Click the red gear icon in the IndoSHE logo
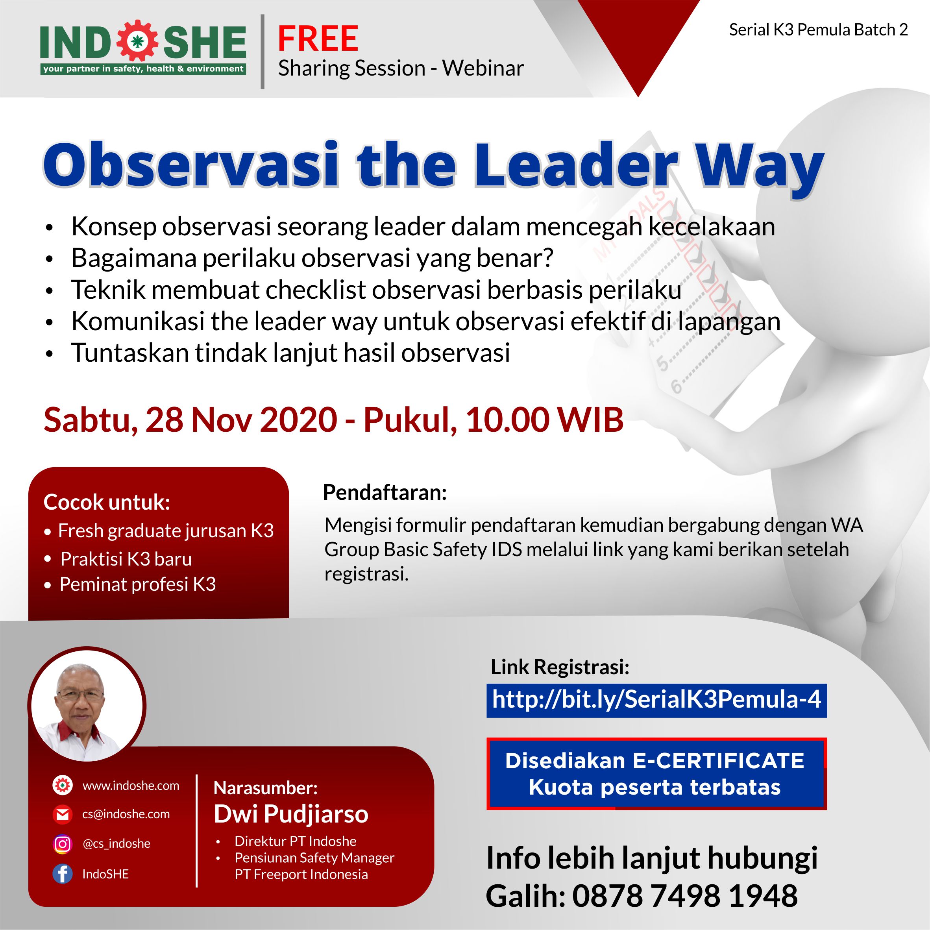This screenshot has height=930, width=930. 138,41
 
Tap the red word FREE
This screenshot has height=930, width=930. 318,39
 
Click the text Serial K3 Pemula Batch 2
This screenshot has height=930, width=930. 818,30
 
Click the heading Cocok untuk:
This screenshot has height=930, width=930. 107,502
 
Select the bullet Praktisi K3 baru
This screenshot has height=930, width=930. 126,559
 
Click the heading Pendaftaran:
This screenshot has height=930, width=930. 385,492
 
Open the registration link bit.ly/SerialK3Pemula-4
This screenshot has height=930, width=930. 656,699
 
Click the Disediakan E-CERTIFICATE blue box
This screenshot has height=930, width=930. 656,773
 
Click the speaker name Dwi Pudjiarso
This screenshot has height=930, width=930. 291,814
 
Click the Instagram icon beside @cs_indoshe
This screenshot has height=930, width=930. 63,844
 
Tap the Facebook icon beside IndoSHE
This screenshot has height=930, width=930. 63,874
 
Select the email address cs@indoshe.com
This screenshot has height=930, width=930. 126,814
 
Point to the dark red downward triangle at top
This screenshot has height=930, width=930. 638,39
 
